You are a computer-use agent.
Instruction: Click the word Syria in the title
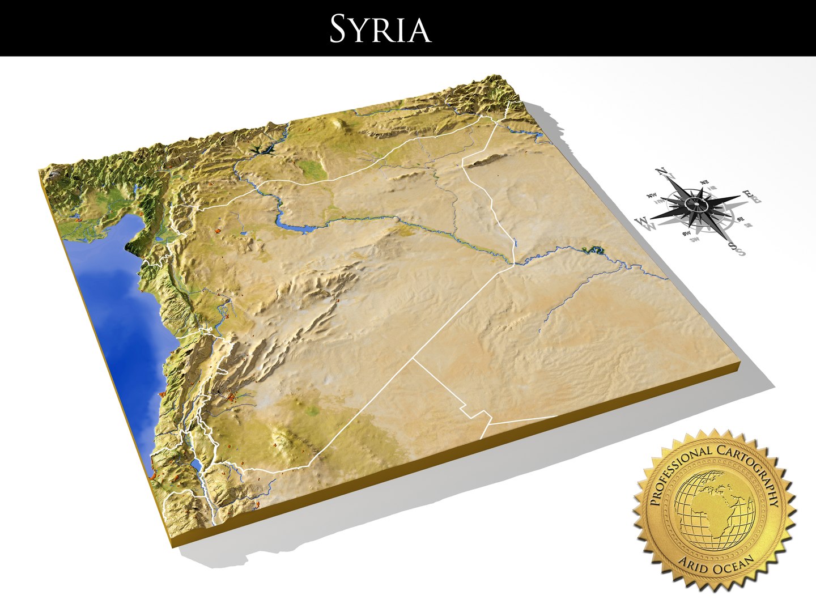pos(380,29)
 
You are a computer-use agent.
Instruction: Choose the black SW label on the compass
pos(687,232)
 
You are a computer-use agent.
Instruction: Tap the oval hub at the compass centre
pos(694,203)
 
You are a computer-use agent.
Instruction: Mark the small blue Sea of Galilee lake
pos(195,465)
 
